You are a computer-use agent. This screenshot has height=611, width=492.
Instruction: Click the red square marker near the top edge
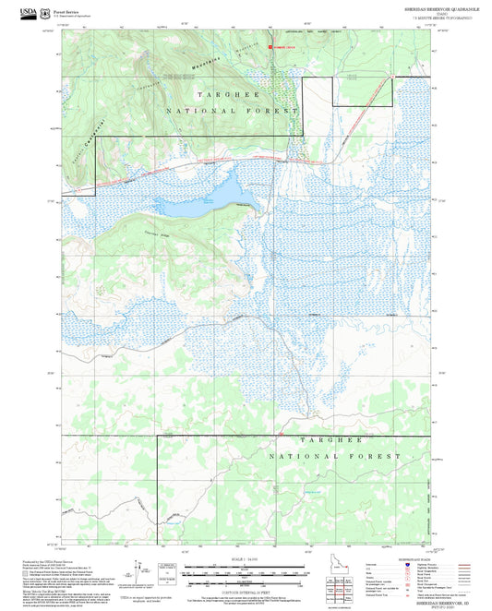pyautogui.click(x=270, y=46)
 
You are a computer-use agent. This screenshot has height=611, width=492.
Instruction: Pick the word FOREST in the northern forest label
pyautogui.click(x=272, y=110)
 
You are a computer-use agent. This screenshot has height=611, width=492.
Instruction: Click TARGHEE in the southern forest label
pyautogui.click(x=324, y=441)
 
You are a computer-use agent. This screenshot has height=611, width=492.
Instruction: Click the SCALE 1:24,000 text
pyautogui.click(x=244, y=557)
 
